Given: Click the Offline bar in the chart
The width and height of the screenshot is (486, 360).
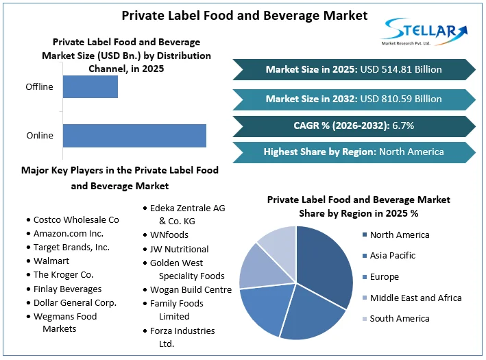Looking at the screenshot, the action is pos(90,87).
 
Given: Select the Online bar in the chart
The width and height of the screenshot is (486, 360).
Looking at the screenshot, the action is pos(134,136).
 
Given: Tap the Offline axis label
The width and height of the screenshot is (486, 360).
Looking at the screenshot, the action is pos(39,87).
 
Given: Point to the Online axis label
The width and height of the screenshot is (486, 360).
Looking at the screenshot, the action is pos(40,136).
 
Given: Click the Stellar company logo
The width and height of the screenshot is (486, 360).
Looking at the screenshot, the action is pos(424,32).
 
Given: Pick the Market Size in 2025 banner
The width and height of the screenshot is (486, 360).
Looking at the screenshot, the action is pos(354,69).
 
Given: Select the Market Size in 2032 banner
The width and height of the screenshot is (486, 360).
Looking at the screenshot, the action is pos(354,99).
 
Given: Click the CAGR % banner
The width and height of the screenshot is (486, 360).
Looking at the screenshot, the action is pos(354,126).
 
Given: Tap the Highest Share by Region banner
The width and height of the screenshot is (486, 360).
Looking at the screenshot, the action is pos(354,152).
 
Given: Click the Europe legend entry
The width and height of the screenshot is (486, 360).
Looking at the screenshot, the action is pos(380,276).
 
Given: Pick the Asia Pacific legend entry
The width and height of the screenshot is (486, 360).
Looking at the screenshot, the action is pos(389,256).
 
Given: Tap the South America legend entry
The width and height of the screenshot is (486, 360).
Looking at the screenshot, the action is pos(396,319).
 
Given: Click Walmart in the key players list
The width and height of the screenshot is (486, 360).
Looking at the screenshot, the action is pos(51,261).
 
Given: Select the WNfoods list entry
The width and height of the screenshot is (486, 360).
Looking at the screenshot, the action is pos(169,235).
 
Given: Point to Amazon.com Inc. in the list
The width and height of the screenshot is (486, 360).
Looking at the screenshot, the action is pos(68,234).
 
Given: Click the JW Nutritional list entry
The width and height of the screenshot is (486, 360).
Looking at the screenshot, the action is pos(179,250).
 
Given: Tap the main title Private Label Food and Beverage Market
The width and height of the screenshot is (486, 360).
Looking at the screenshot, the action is pos(245,16).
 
